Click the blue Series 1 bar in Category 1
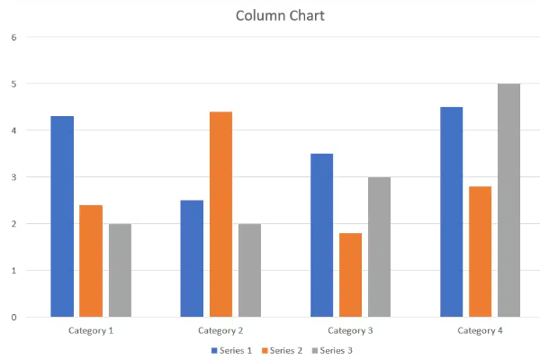tap(62, 216)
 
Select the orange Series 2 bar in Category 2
tap(220, 214)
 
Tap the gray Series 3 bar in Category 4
tap(508, 200)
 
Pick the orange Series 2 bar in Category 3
tap(350, 274)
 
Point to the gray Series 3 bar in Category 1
tap(120, 270)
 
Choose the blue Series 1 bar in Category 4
tap(451, 211)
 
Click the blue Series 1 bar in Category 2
tap(192, 258)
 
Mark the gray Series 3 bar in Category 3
tap(379, 247)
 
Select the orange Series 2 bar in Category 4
tap(480, 251)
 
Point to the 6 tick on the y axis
tap(14, 37)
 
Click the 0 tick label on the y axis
tap(14, 317)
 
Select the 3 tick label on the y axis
tap(14, 177)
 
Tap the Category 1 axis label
tap(91, 330)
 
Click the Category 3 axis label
tap(350, 330)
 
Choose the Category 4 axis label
tap(480, 330)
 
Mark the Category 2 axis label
tap(220, 330)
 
